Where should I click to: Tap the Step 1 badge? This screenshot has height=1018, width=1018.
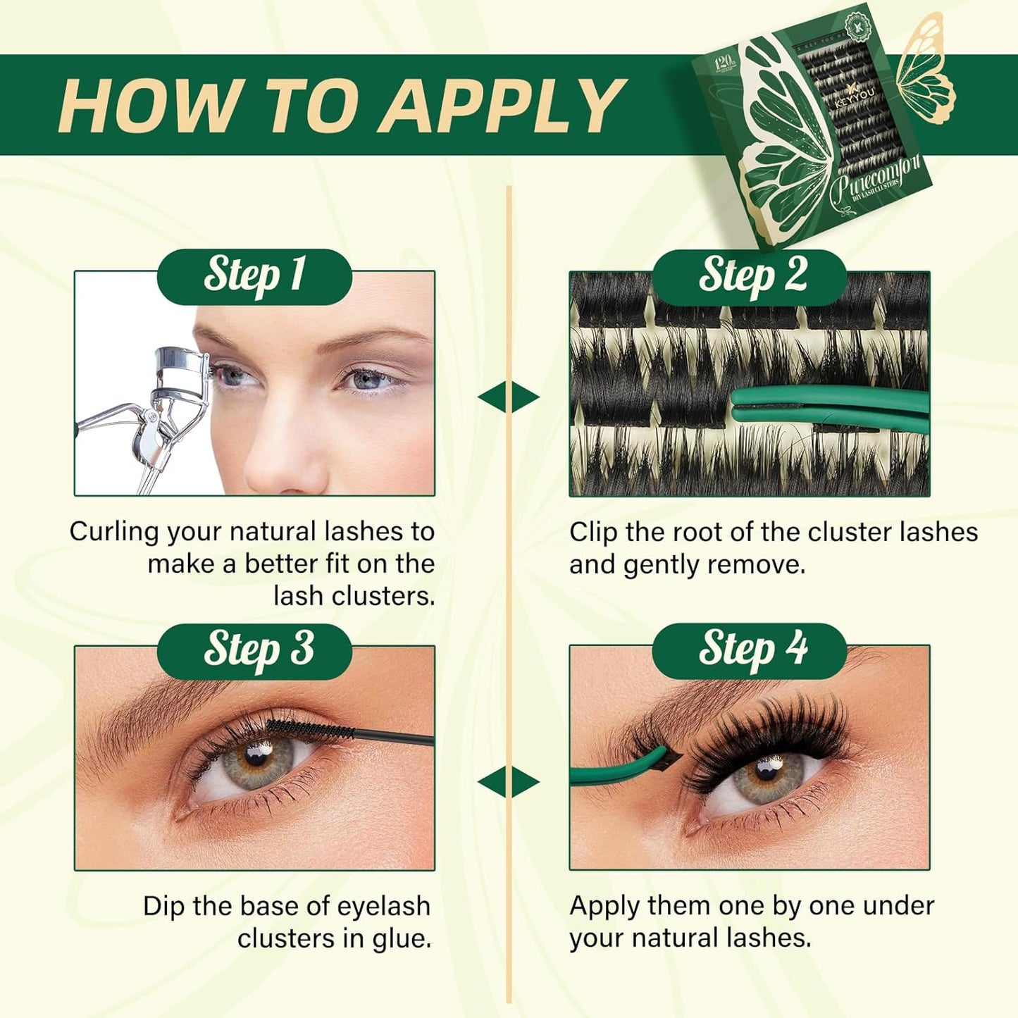pos(254,275)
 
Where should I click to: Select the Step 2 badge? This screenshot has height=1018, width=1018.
pos(750,275)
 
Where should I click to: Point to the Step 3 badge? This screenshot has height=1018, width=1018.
pos(254,650)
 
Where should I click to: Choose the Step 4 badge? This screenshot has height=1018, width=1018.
pos(750,650)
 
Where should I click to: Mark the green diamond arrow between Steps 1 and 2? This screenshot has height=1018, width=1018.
pos(509,397)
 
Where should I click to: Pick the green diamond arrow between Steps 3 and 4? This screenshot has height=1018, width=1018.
pos(509,782)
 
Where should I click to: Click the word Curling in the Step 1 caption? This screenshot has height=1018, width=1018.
pos(113,533)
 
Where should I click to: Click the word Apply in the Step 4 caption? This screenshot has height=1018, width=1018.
pos(601,906)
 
